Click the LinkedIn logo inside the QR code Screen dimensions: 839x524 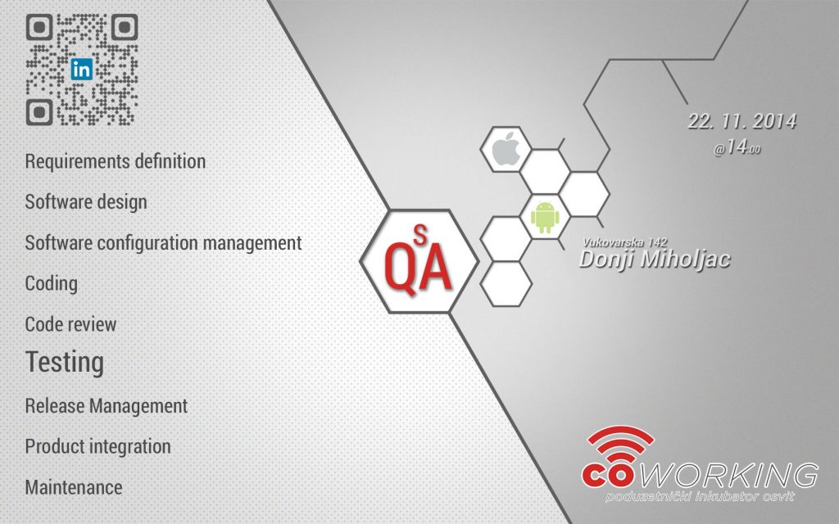tap(81, 70)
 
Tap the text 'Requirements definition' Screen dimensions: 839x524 tap(115, 161)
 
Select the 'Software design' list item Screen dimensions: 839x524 tap(85, 202)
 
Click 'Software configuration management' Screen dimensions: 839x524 tap(163, 242)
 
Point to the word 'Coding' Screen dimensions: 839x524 tap(52, 283)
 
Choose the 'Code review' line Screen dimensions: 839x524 tap(70, 324)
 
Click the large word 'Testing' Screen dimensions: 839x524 tap(65, 363)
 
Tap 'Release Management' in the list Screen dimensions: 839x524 tap(106, 406)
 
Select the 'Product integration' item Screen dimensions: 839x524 tap(98, 446)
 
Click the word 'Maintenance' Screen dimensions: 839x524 tap(73, 487)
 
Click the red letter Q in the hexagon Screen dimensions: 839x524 tap(400, 269)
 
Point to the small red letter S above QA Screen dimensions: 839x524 tap(421, 235)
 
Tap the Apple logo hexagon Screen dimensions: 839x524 tap(506, 149)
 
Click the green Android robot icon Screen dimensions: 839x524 tap(545, 216)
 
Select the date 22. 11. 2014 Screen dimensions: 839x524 tap(741, 121)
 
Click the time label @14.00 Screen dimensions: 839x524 tap(737, 147)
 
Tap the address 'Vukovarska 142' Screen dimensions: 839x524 tap(624, 242)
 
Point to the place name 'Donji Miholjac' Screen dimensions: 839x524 tap(655, 260)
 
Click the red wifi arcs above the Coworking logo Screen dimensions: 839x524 tap(621, 443)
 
